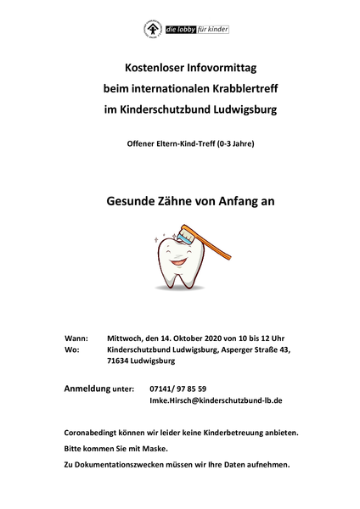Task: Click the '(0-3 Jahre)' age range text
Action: pyautogui.click(x=233, y=143)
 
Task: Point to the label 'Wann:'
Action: pyautogui.click(x=75, y=336)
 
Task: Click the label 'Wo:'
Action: pyautogui.click(x=71, y=348)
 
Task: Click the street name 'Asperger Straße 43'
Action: pyautogui.click(x=256, y=348)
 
